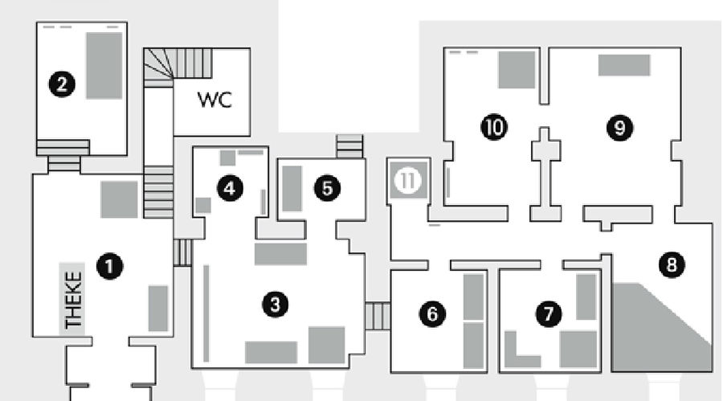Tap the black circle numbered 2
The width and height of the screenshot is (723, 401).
pos(62,83)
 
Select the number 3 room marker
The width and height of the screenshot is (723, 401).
pos(276,304)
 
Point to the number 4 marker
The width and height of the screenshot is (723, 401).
pos(230,189)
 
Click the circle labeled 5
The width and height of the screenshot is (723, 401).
pos(327,189)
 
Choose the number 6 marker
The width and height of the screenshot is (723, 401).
pos(432,313)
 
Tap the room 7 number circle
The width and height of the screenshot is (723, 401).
pos(549,313)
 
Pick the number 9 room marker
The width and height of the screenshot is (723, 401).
pos(619,126)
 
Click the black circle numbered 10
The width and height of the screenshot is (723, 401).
pos(494,126)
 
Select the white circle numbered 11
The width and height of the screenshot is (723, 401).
pos(409,181)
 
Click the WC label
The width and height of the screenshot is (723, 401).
pos(214,100)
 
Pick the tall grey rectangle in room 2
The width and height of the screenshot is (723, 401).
pos(104,65)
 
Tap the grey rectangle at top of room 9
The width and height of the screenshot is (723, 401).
pos(623,65)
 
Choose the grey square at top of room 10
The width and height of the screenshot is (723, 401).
pos(516,69)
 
